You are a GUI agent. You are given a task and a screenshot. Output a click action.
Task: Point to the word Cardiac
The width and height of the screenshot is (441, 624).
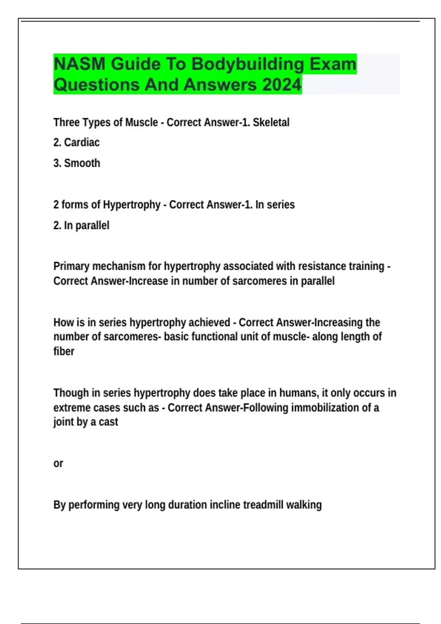[82, 142]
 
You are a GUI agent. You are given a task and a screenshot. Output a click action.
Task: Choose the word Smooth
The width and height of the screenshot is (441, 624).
[82, 163]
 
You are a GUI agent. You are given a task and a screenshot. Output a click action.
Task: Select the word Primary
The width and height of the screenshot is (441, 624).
[71, 266]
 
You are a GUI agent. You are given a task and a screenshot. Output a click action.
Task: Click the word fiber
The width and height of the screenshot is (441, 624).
[64, 351]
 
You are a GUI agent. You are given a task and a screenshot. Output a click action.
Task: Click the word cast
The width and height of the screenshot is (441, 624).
[108, 422]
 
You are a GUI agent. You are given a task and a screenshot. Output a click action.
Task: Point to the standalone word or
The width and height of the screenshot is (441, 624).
[58, 464]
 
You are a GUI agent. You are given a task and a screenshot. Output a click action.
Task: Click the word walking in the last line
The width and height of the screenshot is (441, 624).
[304, 505]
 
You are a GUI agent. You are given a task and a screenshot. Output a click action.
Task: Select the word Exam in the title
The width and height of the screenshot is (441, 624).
[333, 64]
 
